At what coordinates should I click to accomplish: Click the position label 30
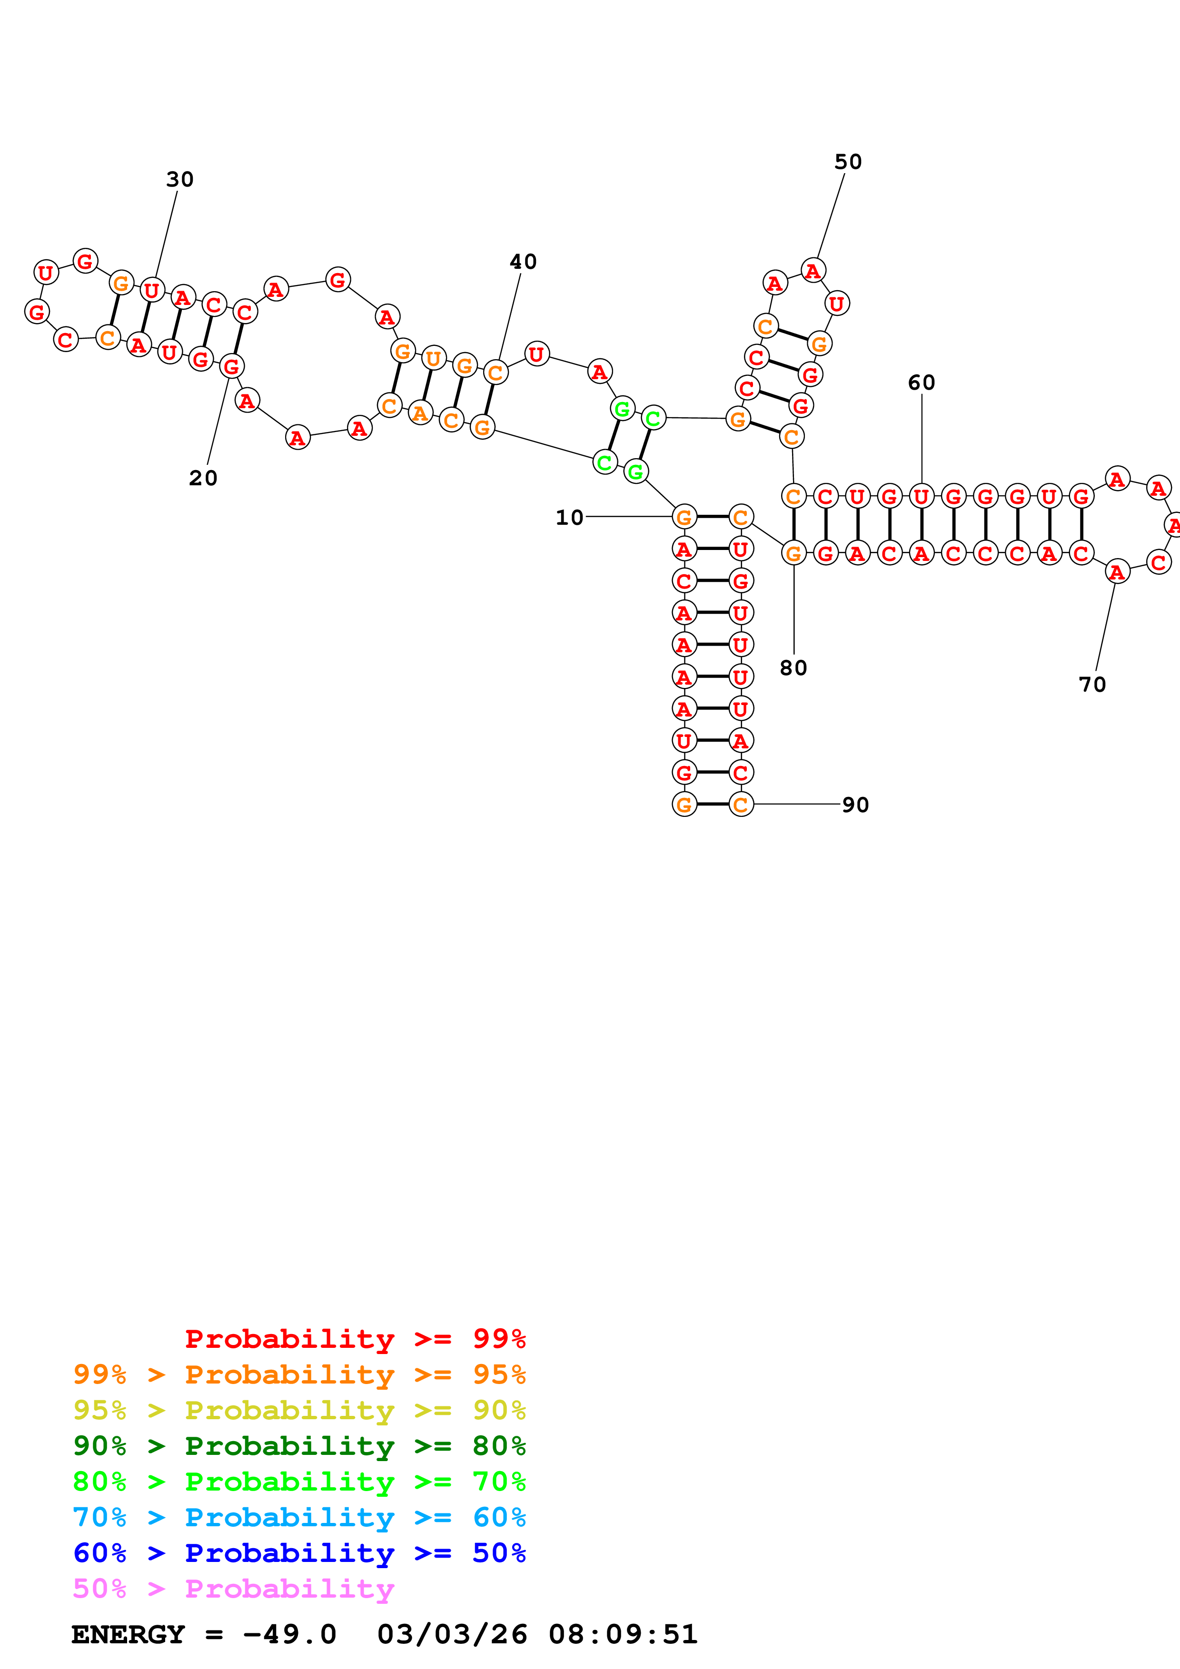179,179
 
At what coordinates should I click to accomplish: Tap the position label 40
523,262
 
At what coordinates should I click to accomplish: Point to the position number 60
921,383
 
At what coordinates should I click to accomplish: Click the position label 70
1092,684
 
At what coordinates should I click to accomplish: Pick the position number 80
793,668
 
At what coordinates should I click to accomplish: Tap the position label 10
569,518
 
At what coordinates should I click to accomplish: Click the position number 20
203,478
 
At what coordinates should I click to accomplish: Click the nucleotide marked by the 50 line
813,271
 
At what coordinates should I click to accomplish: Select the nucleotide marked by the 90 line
741,805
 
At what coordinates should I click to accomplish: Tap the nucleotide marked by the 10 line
684,518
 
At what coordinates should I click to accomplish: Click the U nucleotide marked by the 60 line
921,497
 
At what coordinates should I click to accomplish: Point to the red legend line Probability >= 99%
355,1339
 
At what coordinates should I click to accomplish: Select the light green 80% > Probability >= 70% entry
299,1482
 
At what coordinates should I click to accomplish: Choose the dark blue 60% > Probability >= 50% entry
299,1553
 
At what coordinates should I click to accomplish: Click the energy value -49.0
289,1634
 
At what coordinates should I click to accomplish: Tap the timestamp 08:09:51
623,1634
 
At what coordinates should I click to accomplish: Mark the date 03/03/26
452,1634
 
